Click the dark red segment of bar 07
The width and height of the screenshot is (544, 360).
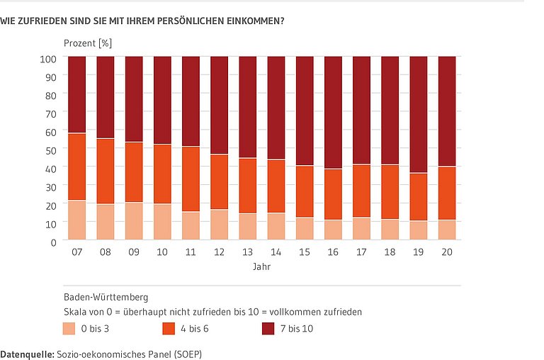point(76,94)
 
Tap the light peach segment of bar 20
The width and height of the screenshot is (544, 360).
point(447,230)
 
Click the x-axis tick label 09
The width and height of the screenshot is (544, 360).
point(134,252)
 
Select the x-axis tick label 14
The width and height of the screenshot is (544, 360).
point(276,252)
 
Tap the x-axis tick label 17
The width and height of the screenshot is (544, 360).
point(361,252)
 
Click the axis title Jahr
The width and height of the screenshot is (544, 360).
point(261,267)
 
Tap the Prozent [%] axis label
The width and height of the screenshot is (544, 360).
point(88,43)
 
